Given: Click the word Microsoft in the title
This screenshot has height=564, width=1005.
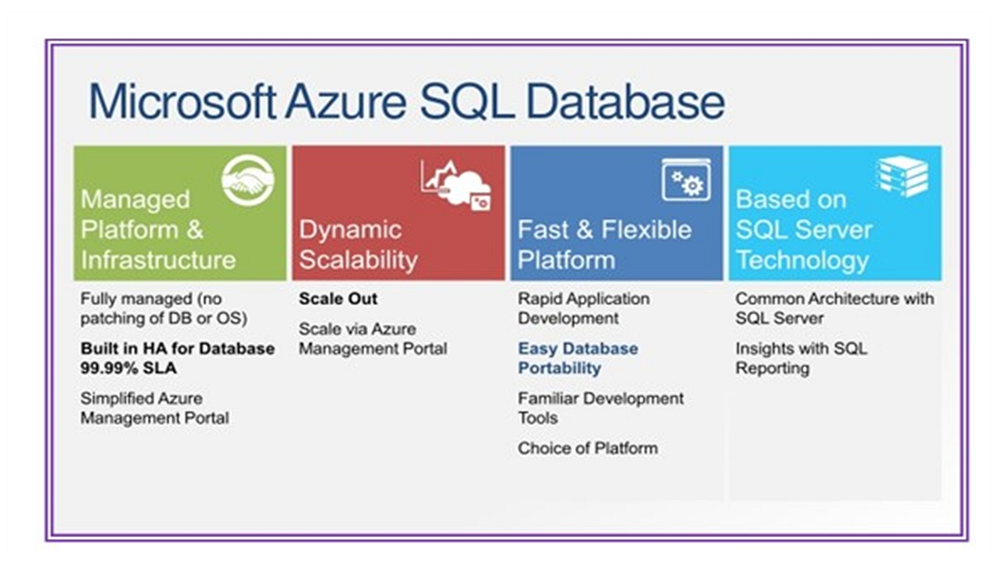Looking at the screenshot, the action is pyautogui.click(x=183, y=101).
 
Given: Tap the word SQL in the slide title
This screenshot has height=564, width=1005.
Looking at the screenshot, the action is pyautogui.click(x=467, y=102).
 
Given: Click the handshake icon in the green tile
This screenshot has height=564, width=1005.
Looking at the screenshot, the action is pyautogui.click(x=248, y=180).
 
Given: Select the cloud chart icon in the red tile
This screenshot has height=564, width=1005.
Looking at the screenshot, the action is pyautogui.click(x=456, y=185).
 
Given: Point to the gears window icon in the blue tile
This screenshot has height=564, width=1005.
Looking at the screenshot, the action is pyautogui.click(x=686, y=180).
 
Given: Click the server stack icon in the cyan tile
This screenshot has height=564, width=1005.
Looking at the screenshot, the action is pyautogui.click(x=902, y=177).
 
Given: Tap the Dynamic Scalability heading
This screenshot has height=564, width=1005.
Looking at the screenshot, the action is pyautogui.click(x=358, y=245).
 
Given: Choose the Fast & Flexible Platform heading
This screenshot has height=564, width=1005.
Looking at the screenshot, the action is pyautogui.click(x=605, y=245).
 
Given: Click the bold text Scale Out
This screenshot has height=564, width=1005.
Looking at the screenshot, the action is pyautogui.click(x=338, y=299).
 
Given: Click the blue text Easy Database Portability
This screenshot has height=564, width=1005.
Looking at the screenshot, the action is pyautogui.click(x=578, y=358).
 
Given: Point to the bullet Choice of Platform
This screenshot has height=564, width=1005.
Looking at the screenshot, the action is pyautogui.click(x=588, y=448).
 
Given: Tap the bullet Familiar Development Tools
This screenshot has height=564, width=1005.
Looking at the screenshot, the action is pyautogui.click(x=600, y=408).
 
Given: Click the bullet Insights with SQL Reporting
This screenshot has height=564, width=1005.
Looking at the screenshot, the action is pyautogui.click(x=801, y=358).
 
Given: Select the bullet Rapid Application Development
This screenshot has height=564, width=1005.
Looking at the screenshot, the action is pyautogui.click(x=584, y=309).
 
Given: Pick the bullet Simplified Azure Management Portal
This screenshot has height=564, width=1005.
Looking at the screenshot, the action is pyautogui.click(x=155, y=408).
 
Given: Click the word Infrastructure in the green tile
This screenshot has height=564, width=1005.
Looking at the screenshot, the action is pyautogui.click(x=158, y=260).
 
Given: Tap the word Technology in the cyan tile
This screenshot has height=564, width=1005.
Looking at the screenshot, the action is pyautogui.click(x=802, y=261).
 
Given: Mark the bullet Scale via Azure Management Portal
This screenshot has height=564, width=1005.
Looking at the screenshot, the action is pyautogui.click(x=373, y=339).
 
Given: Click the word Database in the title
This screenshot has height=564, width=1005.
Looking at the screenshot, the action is pyautogui.click(x=625, y=102).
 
